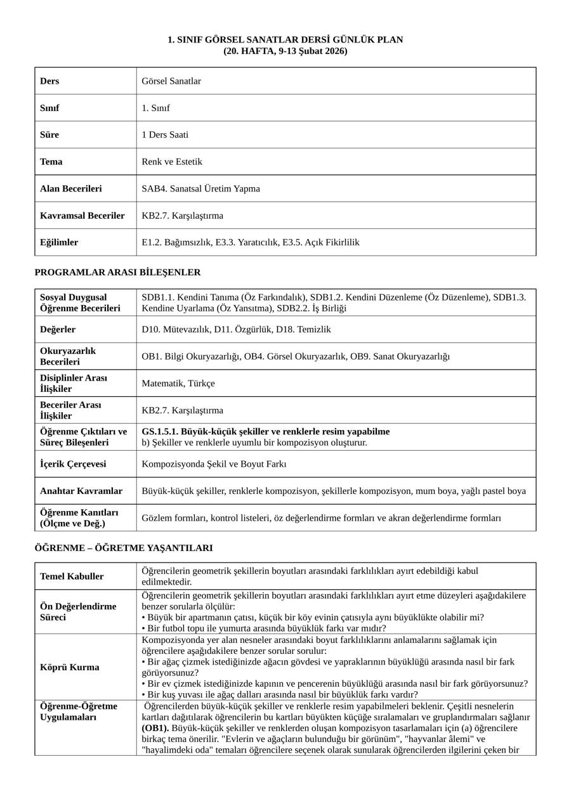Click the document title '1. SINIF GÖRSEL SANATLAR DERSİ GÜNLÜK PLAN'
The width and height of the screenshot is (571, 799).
(x=285, y=40)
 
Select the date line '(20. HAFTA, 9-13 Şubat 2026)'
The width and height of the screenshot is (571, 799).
(x=285, y=51)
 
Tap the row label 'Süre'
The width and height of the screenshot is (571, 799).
(x=49, y=134)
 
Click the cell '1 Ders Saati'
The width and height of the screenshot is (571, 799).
(x=165, y=134)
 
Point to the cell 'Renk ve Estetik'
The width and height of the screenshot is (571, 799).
(x=172, y=162)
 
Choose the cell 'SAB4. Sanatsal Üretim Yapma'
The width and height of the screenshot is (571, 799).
(x=200, y=188)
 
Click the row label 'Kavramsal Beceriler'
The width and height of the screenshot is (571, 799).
(x=82, y=216)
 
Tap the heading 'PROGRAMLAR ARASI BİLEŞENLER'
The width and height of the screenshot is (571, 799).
(x=117, y=273)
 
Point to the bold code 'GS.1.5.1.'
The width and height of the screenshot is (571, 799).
(x=161, y=432)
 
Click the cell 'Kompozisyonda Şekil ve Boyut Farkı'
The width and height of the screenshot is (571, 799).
(x=214, y=464)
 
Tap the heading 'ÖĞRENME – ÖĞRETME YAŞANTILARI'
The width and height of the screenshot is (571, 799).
(x=124, y=548)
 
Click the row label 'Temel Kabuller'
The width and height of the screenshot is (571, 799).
(x=72, y=576)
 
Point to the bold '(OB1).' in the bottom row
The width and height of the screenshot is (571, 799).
(x=155, y=728)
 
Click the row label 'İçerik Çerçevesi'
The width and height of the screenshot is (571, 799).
(x=73, y=464)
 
